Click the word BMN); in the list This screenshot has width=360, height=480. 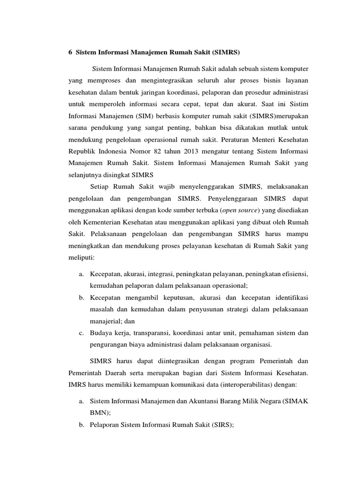100,413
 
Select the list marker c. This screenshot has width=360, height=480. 81,333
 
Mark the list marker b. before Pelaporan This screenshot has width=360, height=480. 81,425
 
